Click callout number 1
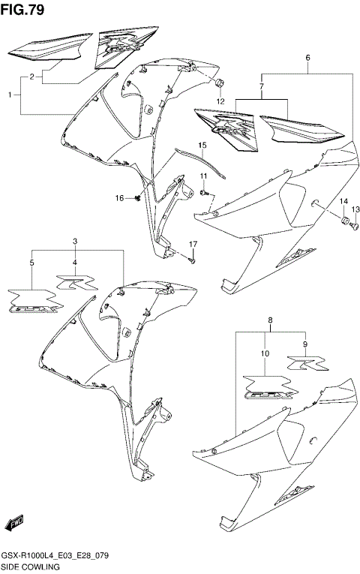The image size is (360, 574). [10, 95]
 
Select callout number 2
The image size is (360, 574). [31, 77]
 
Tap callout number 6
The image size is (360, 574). [307, 59]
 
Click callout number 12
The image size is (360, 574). [220, 101]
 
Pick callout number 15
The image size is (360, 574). [202, 145]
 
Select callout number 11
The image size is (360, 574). [202, 176]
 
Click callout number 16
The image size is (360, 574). [118, 198]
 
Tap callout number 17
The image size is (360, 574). [193, 245]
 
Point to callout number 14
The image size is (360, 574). [343, 201]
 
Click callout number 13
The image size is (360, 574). [356, 209]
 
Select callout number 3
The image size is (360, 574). [75, 241]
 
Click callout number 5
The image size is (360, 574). [31, 263]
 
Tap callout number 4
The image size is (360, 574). [74, 263]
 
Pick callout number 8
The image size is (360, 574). [270, 320]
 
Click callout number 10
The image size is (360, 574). [265, 353]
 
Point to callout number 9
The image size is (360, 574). [306, 344]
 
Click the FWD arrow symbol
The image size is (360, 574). [14, 523]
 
